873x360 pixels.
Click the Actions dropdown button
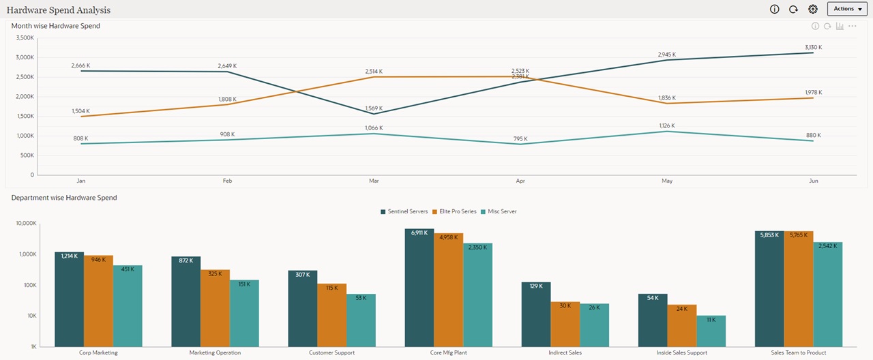pyautogui.click(x=847, y=9)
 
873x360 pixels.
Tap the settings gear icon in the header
pyautogui.click(x=812, y=9)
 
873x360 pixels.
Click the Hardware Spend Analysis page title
pyautogui.click(x=59, y=10)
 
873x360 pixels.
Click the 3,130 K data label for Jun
pyautogui.click(x=813, y=47)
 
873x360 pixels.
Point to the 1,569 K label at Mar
pyautogui.click(x=374, y=108)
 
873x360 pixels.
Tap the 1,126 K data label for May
pyautogui.click(x=666, y=125)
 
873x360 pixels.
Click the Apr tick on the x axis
pyautogui.click(x=520, y=181)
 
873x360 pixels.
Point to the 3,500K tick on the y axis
pyautogui.click(x=24, y=38)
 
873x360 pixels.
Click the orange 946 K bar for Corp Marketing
pyautogui.click(x=98, y=301)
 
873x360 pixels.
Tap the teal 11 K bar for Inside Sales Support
pyautogui.click(x=711, y=331)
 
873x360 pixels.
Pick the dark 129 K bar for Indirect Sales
pyautogui.click(x=535, y=314)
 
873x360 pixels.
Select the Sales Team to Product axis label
pyautogui.click(x=798, y=352)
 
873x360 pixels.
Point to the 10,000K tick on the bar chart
pyautogui.click(x=23, y=224)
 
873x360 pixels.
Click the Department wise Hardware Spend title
pyautogui.click(x=64, y=198)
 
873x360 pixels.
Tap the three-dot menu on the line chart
pyautogui.click(x=852, y=26)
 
